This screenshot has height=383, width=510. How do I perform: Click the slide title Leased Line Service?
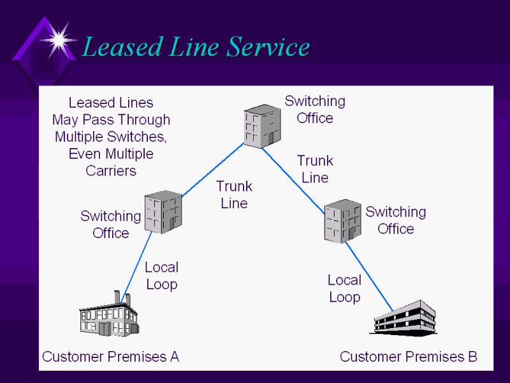[x=196, y=47]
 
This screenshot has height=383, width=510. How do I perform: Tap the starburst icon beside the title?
[x=59, y=40]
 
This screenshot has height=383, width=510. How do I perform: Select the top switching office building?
[x=262, y=128]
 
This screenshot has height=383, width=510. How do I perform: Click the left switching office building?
[x=163, y=212]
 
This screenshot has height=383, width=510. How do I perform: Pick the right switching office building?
[x=343, y=221]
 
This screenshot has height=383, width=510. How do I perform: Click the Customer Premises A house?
[x=108, y=317]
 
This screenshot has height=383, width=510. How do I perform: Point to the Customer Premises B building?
[x=404, y=317]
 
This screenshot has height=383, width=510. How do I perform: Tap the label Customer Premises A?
[x=110, y=357]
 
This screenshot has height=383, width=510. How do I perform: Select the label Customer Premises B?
[x=409, y=357]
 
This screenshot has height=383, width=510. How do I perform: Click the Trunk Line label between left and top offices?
[x=234, y=195]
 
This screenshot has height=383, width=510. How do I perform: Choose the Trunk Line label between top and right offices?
[x=315, y=169]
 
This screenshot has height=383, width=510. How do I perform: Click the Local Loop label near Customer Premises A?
[x=161, y=276]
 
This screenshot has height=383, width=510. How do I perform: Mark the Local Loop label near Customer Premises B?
[x=344, y=289]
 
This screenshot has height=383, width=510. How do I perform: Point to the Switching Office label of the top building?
[x=315, y=109]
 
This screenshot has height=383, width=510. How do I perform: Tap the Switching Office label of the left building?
[x=110, y=225]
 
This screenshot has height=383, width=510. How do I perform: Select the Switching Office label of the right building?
[x=395, y=220]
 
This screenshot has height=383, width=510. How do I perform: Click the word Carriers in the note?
[x=111, y=171]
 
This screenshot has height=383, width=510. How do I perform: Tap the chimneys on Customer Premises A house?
[x=122, y=297]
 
